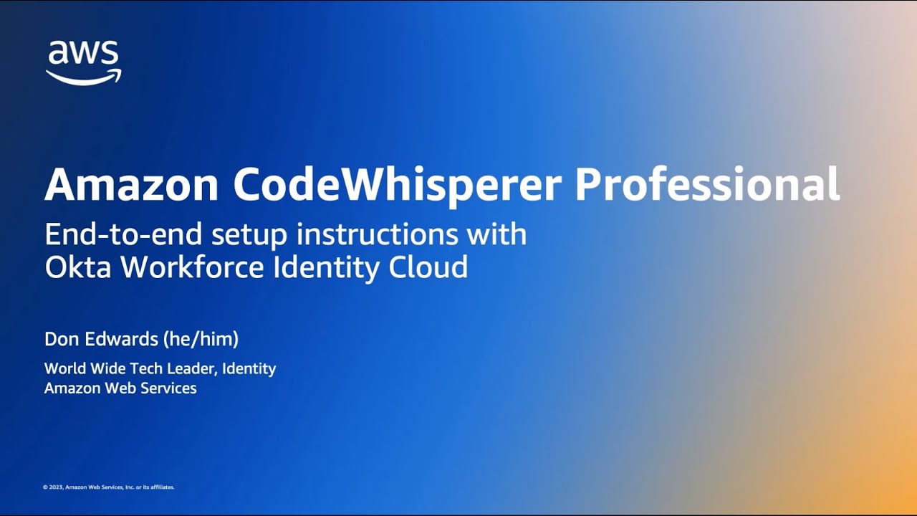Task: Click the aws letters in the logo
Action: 84,52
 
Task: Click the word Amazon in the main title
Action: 131,184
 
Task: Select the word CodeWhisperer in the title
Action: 397,187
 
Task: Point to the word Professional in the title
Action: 708,184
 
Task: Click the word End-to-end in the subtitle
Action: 123,234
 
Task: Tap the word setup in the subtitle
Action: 249,236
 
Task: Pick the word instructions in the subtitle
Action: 377,234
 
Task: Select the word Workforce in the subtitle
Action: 192,267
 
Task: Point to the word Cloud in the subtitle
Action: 428,267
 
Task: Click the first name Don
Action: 61,339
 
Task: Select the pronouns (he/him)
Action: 201,340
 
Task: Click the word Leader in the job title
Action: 193,368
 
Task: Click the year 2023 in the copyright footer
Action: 56,487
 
